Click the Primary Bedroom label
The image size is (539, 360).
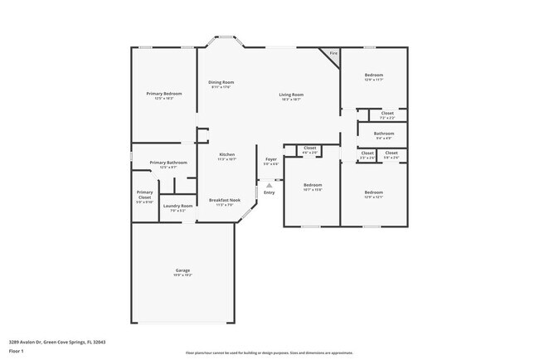click(x=164, y=94)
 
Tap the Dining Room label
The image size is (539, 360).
click(x=221, y=82)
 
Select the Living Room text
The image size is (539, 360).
click(x=290, y=95)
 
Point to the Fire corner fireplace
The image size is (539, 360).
click(x=333, y=54)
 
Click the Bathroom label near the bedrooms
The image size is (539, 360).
click(x=383, y=133)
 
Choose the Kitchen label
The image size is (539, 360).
click(x=226, y=155)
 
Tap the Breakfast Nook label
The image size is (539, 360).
click(x=224, y=200)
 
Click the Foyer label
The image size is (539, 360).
click(x=271, y=159)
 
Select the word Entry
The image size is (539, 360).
click(x=269, y=192)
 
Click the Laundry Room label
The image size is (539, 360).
click(x=177, y=206)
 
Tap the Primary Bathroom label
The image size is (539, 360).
click(x=168, y=163)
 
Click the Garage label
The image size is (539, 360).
click(x=182, y=270)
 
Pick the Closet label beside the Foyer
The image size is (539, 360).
click(x=309, y=148)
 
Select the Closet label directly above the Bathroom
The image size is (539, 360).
click(x=387, y=113)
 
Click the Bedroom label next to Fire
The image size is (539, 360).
click(x=373, y=75)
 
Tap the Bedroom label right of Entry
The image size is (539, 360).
click(x=312, y=184)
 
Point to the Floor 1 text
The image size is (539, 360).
click(x=17, y=351)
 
